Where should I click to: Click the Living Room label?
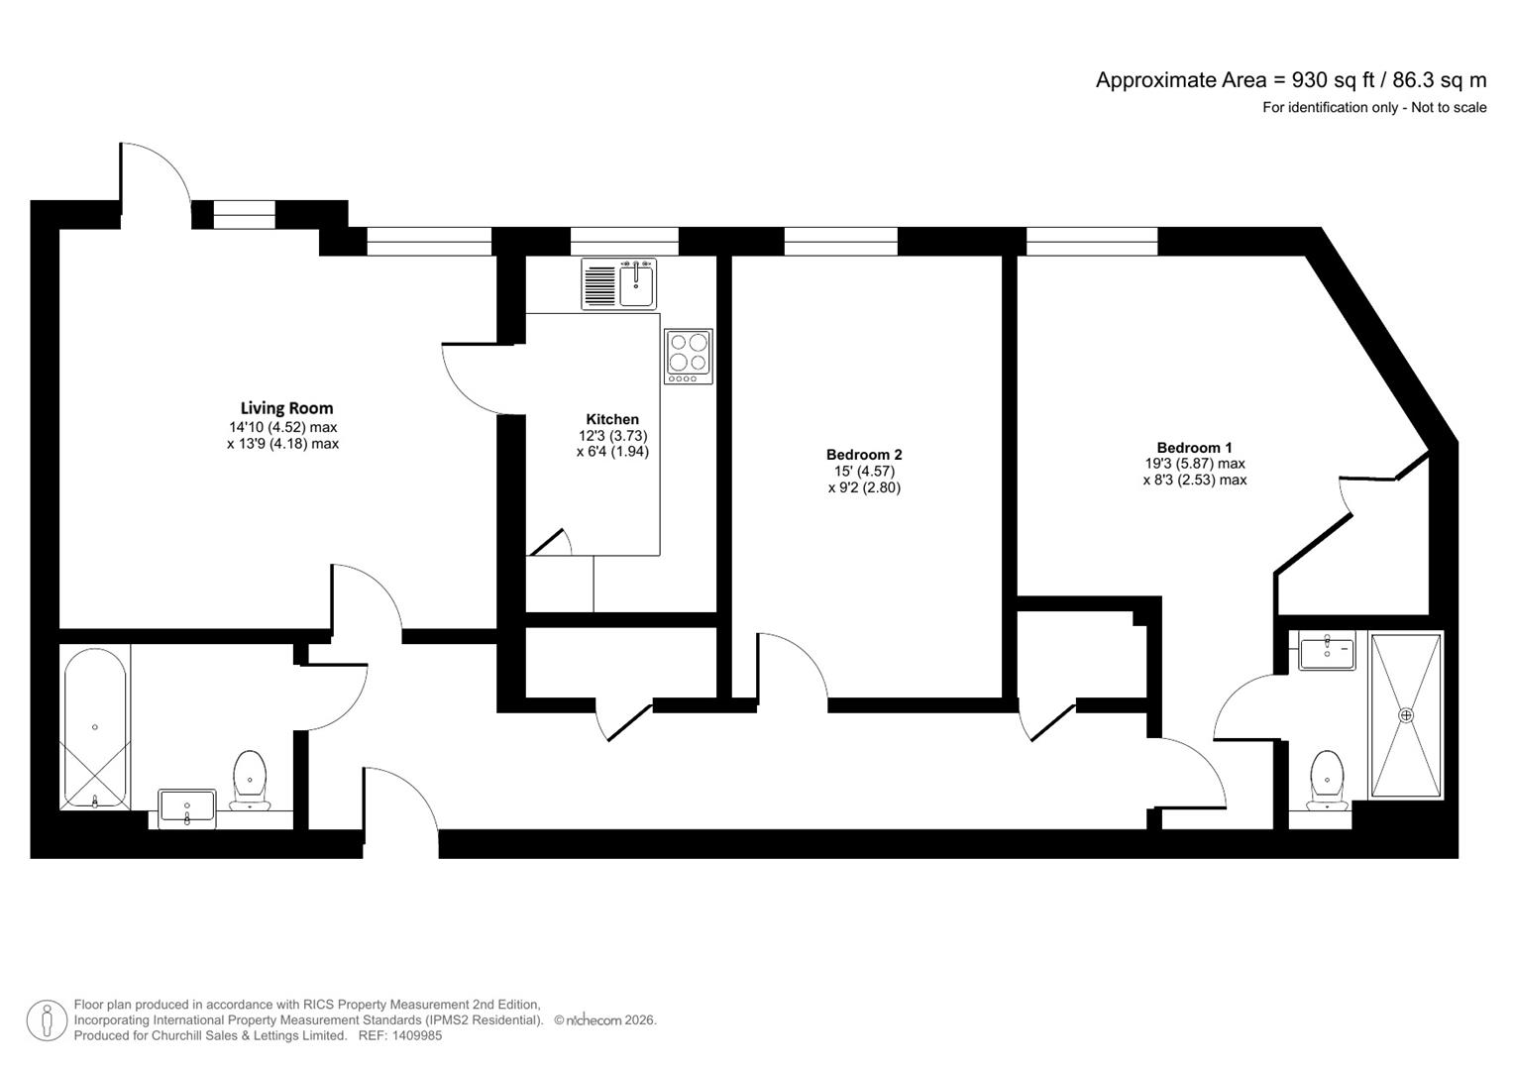point(286,407)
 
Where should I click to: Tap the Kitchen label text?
point(612,419)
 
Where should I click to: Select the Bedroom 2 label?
point(864,455)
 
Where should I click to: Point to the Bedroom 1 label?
point(1194,447)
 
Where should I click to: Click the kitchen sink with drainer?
point(619,284)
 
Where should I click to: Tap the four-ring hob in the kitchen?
point(688,357)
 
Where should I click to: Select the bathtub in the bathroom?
point(95,728)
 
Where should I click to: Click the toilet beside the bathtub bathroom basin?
point(250,780)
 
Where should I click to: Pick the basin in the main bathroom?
point(186,807)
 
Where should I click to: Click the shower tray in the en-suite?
point(1405,714)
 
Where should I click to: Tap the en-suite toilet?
point(1326,780)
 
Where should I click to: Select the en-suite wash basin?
point(1326,653)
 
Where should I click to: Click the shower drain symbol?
point(1405,714)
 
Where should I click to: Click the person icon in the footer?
point(46,1020)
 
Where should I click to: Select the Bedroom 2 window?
point(840,241)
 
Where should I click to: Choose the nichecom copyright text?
point(604,1020)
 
